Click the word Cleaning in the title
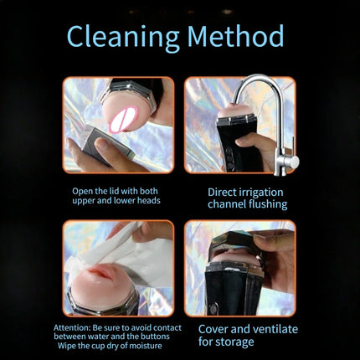pyautogui.click(x=123, y=38)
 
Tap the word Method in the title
pyautogui.click(x=235, y=36)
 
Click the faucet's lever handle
pyautogui.click(x=293, y=152)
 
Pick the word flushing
pyautogui.click(x=268, y=204)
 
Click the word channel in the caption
pyautogui.click(x=227, y=204)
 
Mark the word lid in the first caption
pyautogui.click(x=111, y=191)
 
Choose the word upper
pyautogui.click(x=83, y=201)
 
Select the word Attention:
pyautogui.click(x=72, y=327)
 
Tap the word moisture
pyautogui.click(x=146, y=346)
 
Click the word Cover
pyautogui.click(x=213, y=329)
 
